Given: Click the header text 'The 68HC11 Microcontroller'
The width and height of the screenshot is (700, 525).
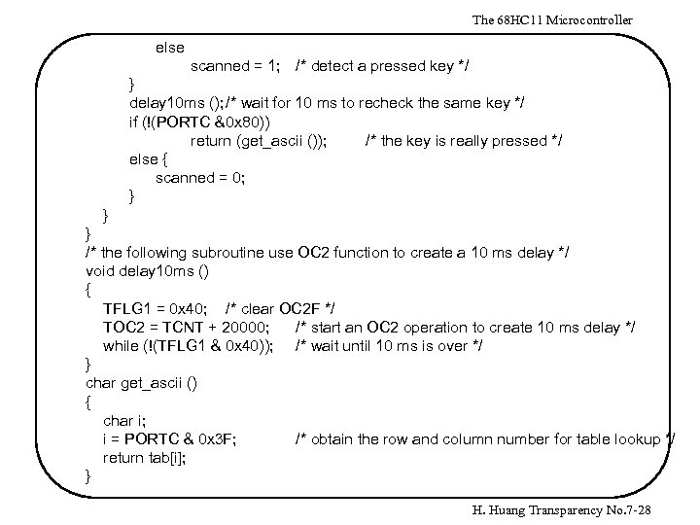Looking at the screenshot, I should [551, 19].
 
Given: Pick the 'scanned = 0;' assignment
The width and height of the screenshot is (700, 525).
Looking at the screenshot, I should [200, 177].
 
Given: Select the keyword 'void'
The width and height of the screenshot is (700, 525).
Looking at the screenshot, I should [100, 271].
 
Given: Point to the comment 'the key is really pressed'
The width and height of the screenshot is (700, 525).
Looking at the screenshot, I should [463, 141].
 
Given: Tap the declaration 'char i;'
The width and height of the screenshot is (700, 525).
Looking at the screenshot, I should [123, 421].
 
